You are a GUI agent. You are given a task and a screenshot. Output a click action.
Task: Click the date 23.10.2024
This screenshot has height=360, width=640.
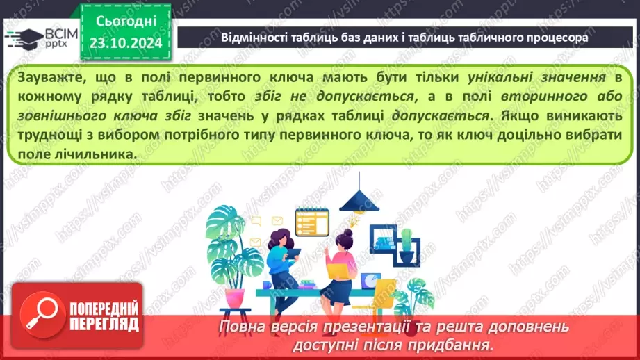point(125,42)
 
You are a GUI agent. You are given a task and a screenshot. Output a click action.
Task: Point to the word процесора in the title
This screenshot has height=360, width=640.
point(556,38)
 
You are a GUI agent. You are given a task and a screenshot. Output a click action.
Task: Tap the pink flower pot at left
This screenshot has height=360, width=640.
point(235,297)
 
